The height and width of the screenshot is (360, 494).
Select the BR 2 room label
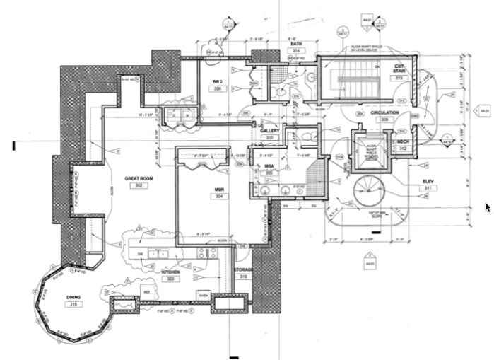tap(218, 82)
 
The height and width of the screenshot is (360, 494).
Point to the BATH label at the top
tap(296, 44)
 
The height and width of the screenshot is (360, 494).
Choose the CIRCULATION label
tap(385, 112)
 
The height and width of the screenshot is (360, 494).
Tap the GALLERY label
tap(270, 131)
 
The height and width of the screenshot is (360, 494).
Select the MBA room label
tap(269, 166)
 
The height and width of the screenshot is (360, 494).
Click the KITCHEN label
tap(170, 272)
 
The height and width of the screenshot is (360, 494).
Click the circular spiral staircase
tap(367, 191)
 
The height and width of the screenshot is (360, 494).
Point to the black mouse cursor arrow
tap(487, 207)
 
